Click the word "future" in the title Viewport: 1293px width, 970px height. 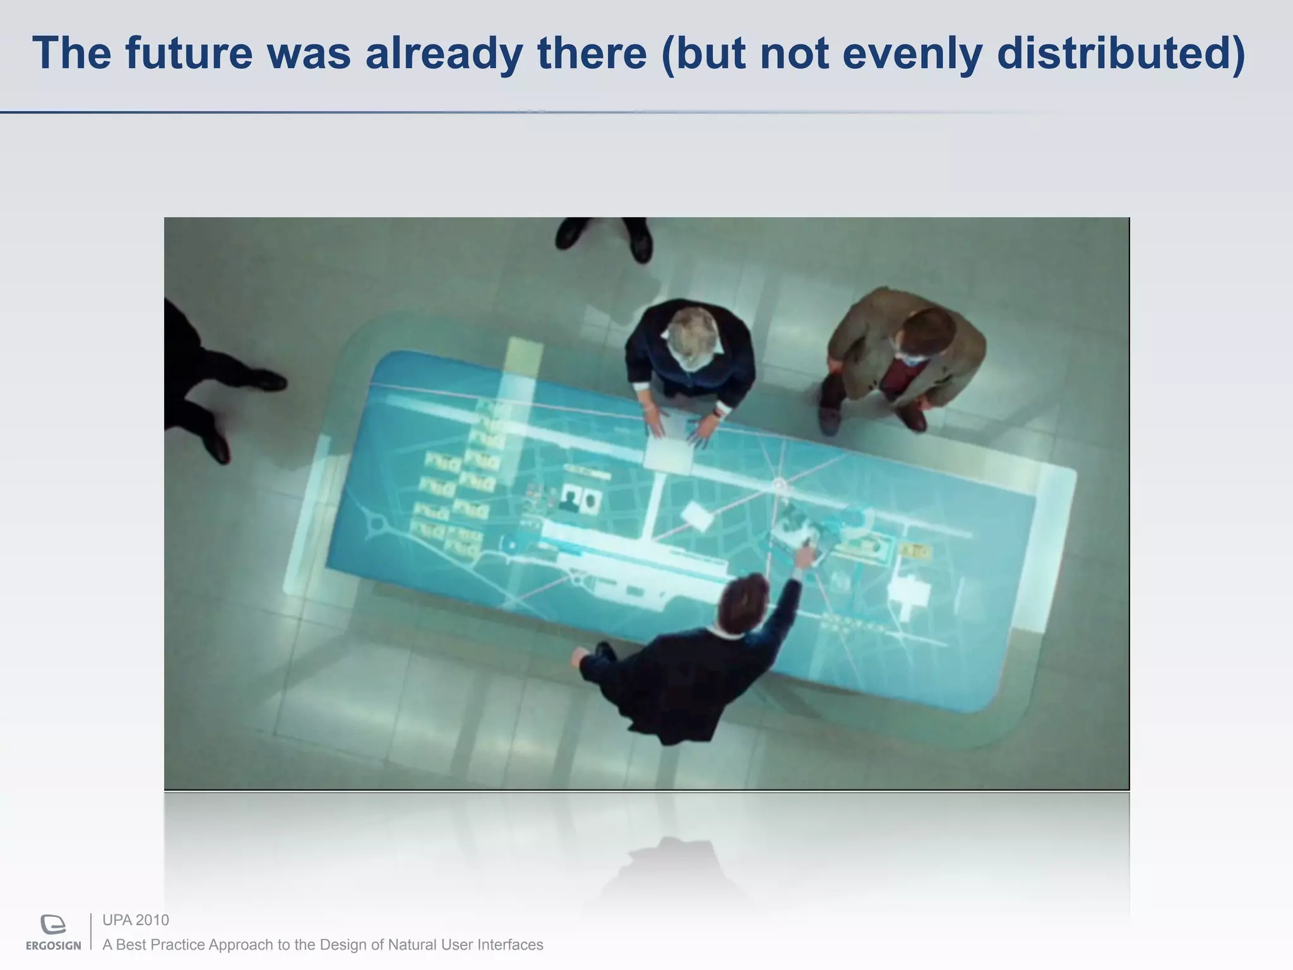[188, 53]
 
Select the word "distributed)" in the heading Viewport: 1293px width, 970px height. [1121, 54]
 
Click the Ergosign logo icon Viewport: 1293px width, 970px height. [53, 925]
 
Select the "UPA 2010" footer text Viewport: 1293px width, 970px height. [136, 920]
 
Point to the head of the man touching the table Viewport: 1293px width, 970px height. [744, 601]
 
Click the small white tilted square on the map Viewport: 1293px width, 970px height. [698, 517]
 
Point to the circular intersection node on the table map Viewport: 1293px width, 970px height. [780, 486]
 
